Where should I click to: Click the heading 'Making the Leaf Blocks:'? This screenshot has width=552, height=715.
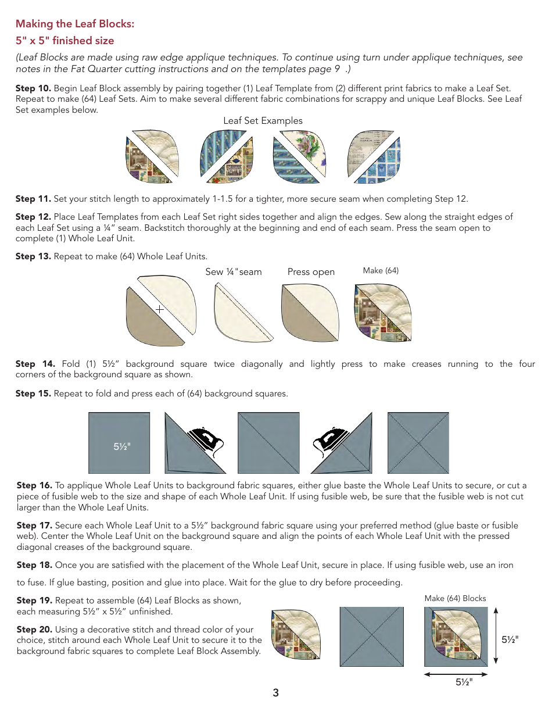tap(75, 24)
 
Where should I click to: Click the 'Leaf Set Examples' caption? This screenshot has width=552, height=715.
tap(263, 121)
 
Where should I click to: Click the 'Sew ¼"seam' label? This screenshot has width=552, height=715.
tap(234, 271)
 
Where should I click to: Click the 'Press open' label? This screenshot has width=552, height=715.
tap(311, 271)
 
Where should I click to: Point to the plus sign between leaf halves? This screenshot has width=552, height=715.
tap(159, 310)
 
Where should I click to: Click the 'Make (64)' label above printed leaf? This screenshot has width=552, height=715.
tap(381, 270)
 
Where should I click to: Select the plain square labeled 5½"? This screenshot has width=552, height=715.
tap(119, 443)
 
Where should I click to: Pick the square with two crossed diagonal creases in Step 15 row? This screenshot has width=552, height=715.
tap(418, 443)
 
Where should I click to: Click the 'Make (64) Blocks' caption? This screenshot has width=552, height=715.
tap(455, 598)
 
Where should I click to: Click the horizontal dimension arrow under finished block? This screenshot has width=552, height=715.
tap(456, 674)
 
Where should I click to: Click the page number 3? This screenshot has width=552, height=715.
tap(275, 693)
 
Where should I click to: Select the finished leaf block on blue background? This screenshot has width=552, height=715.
tap(456, 637)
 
